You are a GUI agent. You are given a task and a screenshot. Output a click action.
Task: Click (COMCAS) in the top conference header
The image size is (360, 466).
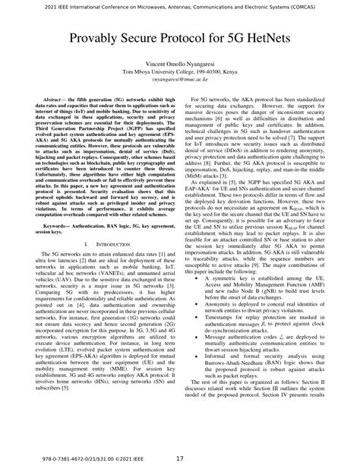pyautogui.click(x=326, y=5)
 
